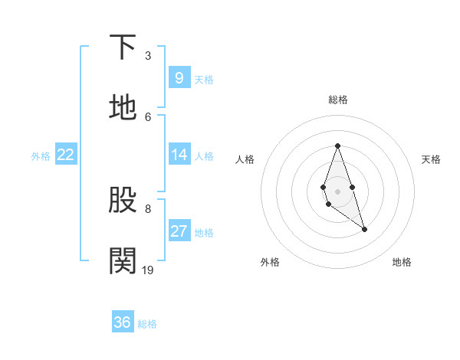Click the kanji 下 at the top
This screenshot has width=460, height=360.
tap(123, 47)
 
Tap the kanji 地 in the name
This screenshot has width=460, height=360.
tap(123, 108)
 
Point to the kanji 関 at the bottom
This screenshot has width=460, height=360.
tap(123, 261)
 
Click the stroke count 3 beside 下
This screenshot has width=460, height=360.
tap(148, 55)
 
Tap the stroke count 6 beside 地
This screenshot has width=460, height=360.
tap(148, 116)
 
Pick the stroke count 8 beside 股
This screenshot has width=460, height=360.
tap(148, 208)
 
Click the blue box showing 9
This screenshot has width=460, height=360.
tap(179, 77)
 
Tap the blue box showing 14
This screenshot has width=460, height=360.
tap(179, 155)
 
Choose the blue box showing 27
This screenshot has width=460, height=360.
tap(179, 231)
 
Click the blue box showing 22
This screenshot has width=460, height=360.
tap(66, 155)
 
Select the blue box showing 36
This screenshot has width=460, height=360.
tap(123, 322)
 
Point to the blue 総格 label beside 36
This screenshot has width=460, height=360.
tap(147, 324)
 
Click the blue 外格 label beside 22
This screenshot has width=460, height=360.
tap(41, 156)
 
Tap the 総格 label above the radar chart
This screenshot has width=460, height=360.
tap(337, 100)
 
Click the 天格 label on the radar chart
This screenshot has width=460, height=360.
tap(431, 159)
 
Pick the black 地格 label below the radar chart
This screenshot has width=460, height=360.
tap(402, 262)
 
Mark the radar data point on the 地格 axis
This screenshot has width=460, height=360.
tap(364, 229)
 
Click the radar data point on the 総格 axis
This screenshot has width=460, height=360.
tap(337, 146)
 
